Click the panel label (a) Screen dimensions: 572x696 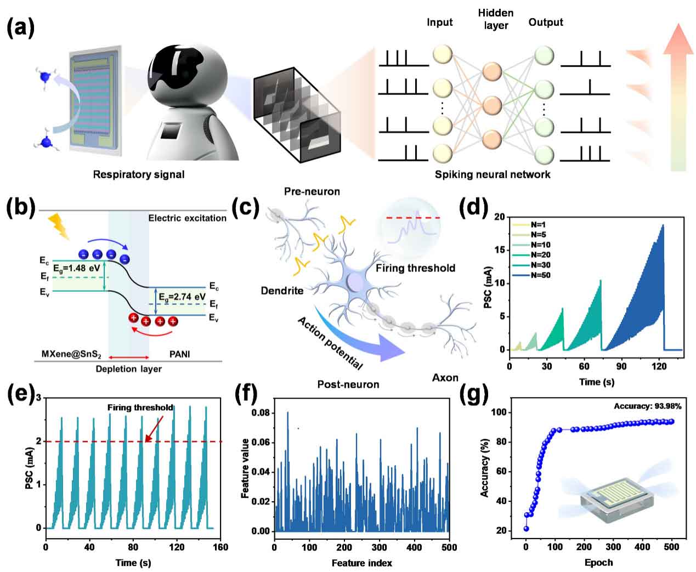pyautogui.click(x=20, y=27)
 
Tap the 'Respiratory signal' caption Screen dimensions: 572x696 pyautogui.click(x=138, y=174)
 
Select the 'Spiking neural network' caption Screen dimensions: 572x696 pyautogui.click(x=493, y=174)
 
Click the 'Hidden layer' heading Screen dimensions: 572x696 pyautogui.click(x=496, y=19)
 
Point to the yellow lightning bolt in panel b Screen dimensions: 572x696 pyautogui.click(x=59, y=227)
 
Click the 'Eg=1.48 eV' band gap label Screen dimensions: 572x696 pyautogui.click(x=77, y=269)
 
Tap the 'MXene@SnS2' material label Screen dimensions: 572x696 pyautogui.click(x=71, y=354)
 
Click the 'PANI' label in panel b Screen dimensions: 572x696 pyautogui.click(x=179, y=354)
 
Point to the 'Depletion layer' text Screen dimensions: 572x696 pyautogui.click(x=128, y=369)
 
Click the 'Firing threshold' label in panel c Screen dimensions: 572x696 pyautogui.click(x=415, y=268)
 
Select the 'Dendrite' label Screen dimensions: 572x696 pyautogui.click(x=282, y=291)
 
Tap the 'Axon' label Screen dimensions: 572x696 pyautogui.click(x=445, y=377)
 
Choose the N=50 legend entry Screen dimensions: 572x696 pyautogui.click(x=540, y=275)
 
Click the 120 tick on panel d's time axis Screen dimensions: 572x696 pyautogui.click(x=659, y=366)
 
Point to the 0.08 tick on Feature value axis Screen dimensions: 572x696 pyautogui.click(x=261, y=412)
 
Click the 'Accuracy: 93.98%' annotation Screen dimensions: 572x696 pyautogui.click(x=647, y=406)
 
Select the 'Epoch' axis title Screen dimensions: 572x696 pyautogui.click(x=599, y=562)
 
